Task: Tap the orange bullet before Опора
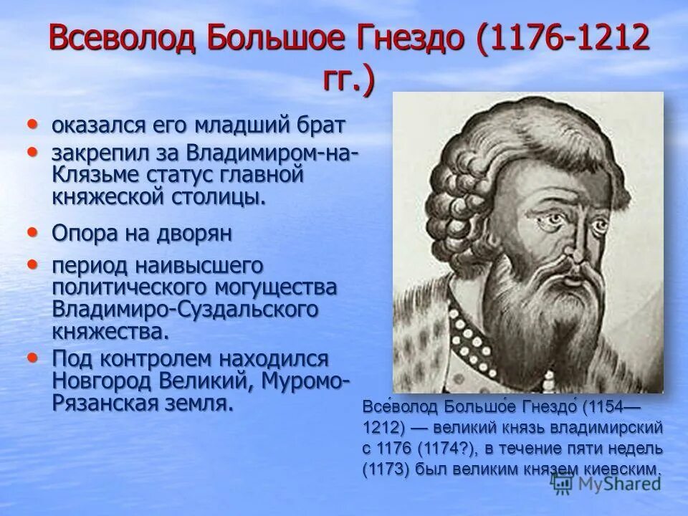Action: pyautogui.click(x=32, y=231)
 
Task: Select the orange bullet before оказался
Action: pyautogui.click(x=32, y=124)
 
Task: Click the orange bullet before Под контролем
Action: pyautogui.click(x=32, y=356)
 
